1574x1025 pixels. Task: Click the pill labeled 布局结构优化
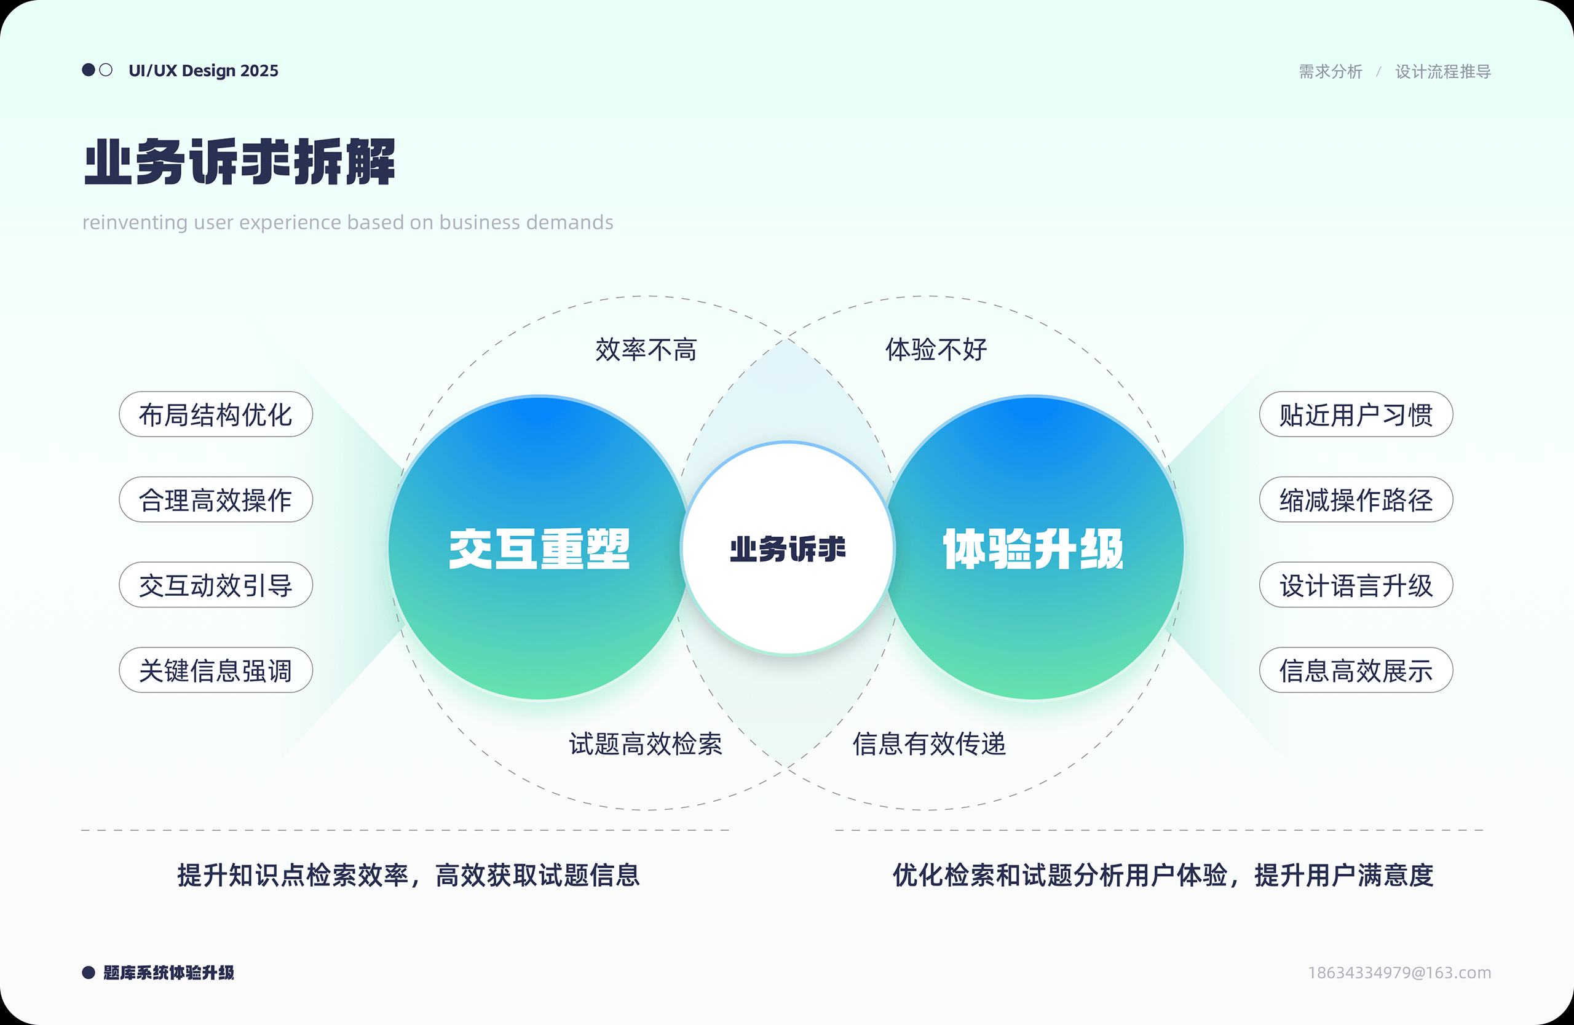pyautogui.click(x=216, y=414)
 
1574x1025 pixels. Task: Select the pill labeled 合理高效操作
pyautogui.click(x=216, y=500)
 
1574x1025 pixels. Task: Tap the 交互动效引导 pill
pyautogui.click(x=216, y=585)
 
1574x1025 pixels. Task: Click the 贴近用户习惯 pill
pyautogui.click(x=1356, y=414)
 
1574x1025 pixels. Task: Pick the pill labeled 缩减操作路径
pyautogui.click(x=1356, y=500)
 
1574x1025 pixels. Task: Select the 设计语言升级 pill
pyautogui.click(x=1356, y=585)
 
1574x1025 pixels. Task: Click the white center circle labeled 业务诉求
pyautogui.click(x=788, y=549)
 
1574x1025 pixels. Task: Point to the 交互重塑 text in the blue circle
pyautogui.click(x=539, y=549)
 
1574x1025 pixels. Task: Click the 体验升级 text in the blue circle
pyautogui.click(x=1033, y=549)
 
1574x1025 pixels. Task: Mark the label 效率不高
pyautogui.click(x=646, y=349)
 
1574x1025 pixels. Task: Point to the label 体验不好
pyautogui.click(x=936, y=349)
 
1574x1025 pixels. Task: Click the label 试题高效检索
pyautogui.click(x=646, y=744)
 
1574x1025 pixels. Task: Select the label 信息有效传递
pyautogui.click(x=929, y=744)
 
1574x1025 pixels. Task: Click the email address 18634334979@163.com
pyautogui.click(x=1399, y=973)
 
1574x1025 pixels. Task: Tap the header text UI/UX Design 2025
pyautogui.click(x=204, y=71)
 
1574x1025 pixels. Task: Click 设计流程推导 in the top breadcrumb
pyautogui.click(x=1443, y=71)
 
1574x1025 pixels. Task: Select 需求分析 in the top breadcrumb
pyautogui.click(x=1331, y=71)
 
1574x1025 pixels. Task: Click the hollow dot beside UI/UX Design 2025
pyautogui.click(x=106, y=70)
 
